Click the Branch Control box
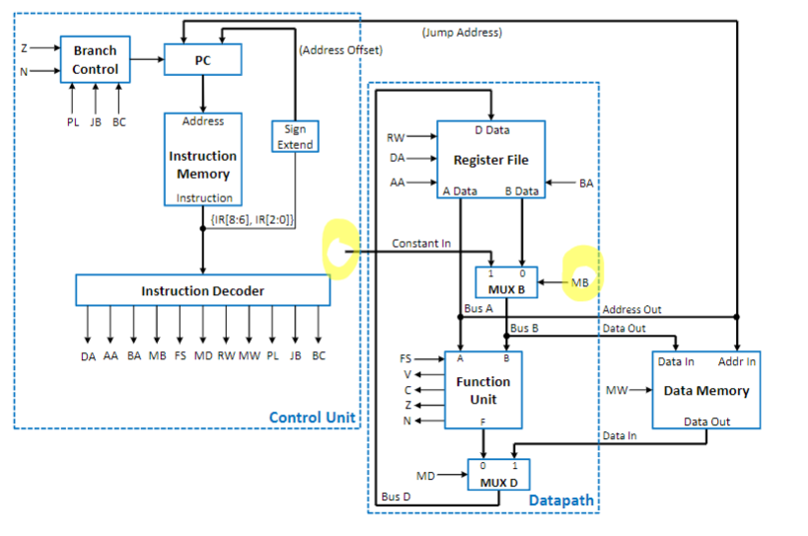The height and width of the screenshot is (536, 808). coord(95,60)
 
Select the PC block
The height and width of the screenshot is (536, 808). coord(202,61)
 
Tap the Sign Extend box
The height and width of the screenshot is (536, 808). coord(294,136)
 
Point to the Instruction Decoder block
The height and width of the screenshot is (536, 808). coord(202,290)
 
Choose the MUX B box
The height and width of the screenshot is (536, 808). coord(507,283)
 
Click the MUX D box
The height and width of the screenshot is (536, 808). coord(498,475)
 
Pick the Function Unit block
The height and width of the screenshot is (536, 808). coord(483,390)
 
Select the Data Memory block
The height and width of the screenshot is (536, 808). coord(706,390)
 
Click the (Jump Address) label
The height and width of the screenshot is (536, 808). coord(461,33)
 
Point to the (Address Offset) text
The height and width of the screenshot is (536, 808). coord(340,49)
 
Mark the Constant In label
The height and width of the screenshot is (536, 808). coord(421,243)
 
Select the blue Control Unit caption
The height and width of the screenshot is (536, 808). coord(311,418)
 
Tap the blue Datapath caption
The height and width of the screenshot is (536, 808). coord(561,500)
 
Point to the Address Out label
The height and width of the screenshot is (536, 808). coord(632,310)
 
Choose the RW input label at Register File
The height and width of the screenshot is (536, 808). coord(397,137)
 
